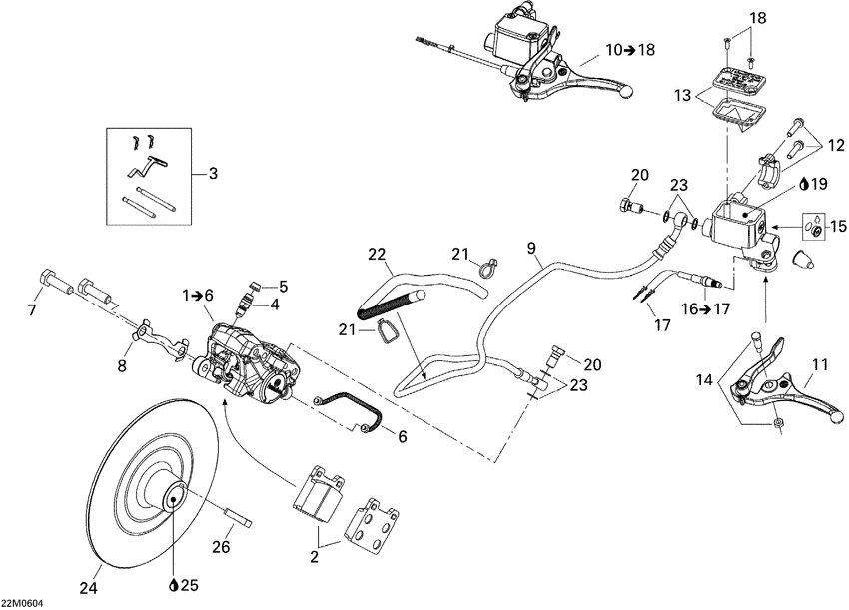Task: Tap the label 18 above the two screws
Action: [757, 18]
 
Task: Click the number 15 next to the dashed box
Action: [836, 225]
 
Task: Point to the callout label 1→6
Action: [198, 296]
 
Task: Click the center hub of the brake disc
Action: [172, 496]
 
